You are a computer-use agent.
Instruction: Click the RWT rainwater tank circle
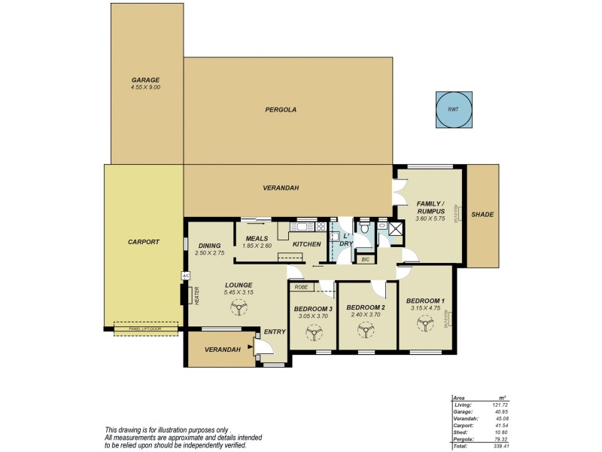(454, 110)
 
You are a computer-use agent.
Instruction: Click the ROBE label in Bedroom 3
(301, 287)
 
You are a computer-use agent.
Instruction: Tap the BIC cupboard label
(365, 259)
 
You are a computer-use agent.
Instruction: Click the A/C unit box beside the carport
(184, 276)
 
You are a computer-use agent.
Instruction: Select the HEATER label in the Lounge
(197, 295)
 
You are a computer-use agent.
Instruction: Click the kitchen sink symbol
(305, 226)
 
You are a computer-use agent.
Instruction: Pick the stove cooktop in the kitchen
(320, 226)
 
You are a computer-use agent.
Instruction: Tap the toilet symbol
(364, 227)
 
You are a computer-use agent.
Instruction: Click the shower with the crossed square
(397, 229)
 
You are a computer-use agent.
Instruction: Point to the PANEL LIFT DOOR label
(146, 328)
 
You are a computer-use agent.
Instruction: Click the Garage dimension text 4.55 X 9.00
(145, 87)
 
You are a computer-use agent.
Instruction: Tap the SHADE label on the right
(482, 215)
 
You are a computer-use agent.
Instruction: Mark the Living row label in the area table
(463, 405)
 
